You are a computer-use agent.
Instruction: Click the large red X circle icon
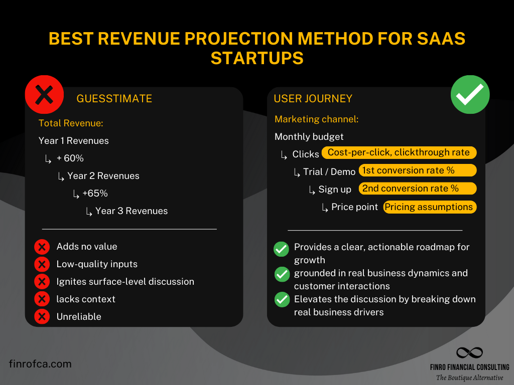tap(45, 95)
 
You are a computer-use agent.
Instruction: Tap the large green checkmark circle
tap(470, 95)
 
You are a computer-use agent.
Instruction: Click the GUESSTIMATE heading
tap(114, 99)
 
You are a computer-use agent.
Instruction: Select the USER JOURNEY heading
tap(313, 99)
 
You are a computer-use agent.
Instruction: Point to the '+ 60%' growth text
tap(70, 158)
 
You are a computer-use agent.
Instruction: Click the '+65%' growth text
tap(95, 194)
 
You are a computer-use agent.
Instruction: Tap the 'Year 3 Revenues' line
tap(132, 211)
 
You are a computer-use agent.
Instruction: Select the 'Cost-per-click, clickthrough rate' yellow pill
tap(399, 153)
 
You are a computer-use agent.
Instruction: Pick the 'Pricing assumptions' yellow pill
tap(429, 207)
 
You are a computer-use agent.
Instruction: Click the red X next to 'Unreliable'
tap(42, 317)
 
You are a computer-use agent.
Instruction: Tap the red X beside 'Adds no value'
tap(42, 247)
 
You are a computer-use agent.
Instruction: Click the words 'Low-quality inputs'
tap(97, 264)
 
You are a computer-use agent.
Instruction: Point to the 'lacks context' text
tap(86, 299)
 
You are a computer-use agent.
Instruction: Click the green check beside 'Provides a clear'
tap(282, 248)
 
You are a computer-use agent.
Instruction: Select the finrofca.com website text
tap(40, 364)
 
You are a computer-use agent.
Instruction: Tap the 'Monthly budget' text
tap(309, 137)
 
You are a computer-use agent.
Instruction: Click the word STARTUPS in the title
tap(257, 58)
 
